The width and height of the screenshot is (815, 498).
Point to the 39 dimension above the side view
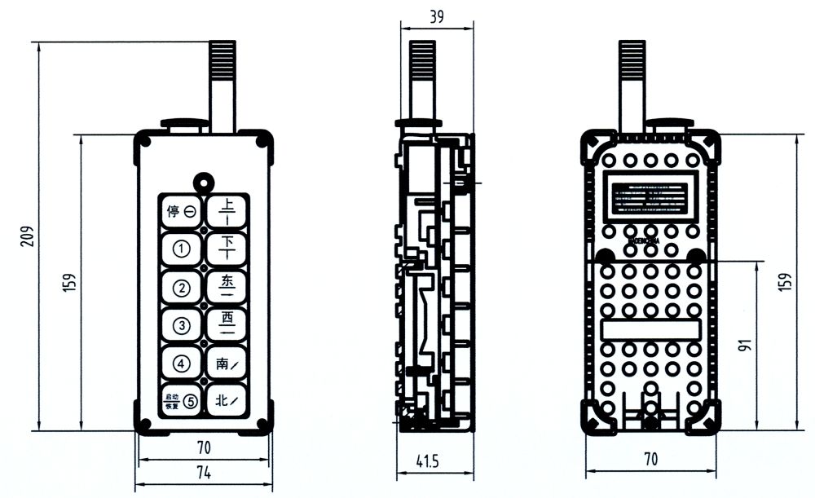click(437, 15)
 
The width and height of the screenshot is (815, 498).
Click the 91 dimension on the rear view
click(743, 344)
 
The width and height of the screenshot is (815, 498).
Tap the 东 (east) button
click(226, 286)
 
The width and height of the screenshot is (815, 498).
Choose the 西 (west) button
click(226, 324)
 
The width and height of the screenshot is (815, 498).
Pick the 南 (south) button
click(226, 363)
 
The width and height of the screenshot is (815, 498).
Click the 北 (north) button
click(226, 399)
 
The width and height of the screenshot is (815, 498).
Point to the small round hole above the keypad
click(202, 180)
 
